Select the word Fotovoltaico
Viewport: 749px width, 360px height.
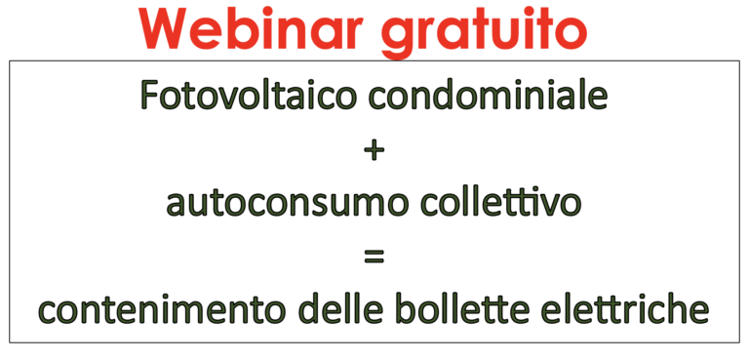[x=249, y=96]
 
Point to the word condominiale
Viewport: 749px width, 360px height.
[x=489, y=96]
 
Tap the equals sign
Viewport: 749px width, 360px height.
[x=374, y=258]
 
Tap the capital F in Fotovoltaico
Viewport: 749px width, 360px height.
[x=151, y=96]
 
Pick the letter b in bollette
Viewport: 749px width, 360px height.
[x=408, y=307]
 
